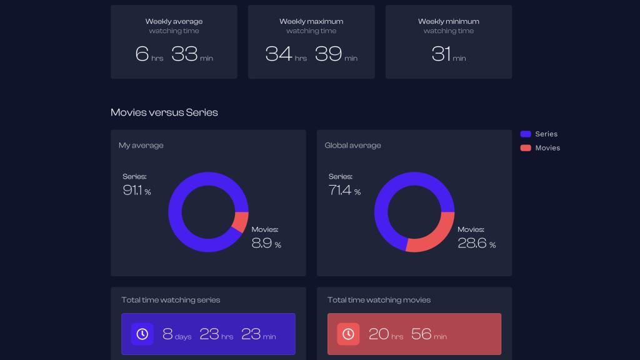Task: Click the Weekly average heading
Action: [x=174, y=21]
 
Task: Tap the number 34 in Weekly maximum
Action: [x=279, y=54]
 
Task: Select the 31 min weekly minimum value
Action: [x=448, y=54]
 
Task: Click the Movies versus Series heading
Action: [x=164, y=112]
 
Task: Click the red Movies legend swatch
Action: [x=526, y=148]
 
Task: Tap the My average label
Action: [x=141, y=146]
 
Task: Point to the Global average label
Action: [x=352, y=146]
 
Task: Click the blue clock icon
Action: [x=142, y=334]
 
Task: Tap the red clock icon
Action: [x=348, y=334]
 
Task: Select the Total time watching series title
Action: [x=171, y=300]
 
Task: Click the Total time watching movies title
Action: [x=379, y=300]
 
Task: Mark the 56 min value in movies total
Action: [x=428, y=334]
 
